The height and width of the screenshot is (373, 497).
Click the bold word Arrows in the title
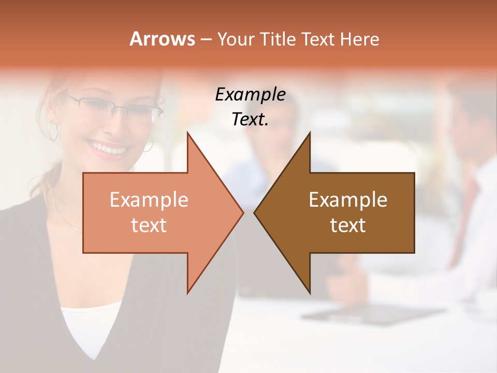point(162,39)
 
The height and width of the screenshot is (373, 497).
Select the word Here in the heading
point(359,39)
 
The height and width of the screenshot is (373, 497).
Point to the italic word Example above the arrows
point(250,94)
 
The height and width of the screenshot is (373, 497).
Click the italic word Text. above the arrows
point(250,119)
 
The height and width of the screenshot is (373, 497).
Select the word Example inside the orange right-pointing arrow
point(149,200)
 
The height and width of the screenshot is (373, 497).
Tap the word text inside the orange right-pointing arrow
point(149,225)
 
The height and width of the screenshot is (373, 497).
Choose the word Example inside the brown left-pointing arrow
point(348,200)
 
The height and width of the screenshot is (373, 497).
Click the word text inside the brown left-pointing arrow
point(348,225)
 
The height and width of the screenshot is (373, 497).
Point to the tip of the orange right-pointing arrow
point(243,212)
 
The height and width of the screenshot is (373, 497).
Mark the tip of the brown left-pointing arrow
point(255,212)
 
